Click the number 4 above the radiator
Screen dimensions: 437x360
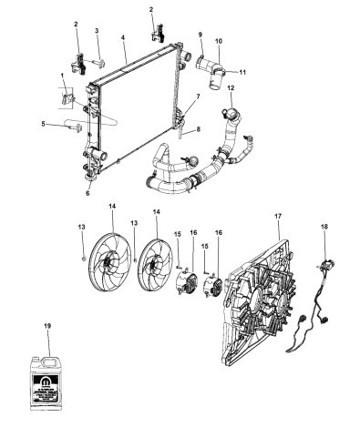pos(121,39)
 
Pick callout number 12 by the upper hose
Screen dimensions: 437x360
pos(231,88)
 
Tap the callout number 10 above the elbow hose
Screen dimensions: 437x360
pos(217,41)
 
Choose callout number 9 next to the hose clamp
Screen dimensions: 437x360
pos(200,35)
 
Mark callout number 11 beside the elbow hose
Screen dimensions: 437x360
pos(243,71)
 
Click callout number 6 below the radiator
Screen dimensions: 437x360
pos(87,192)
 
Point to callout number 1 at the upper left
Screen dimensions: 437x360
pos(61,75)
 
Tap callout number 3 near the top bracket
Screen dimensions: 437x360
pos(97,32)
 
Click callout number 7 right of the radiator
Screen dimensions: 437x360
pos(198,96)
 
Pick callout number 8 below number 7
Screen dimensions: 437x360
pos(198,130)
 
